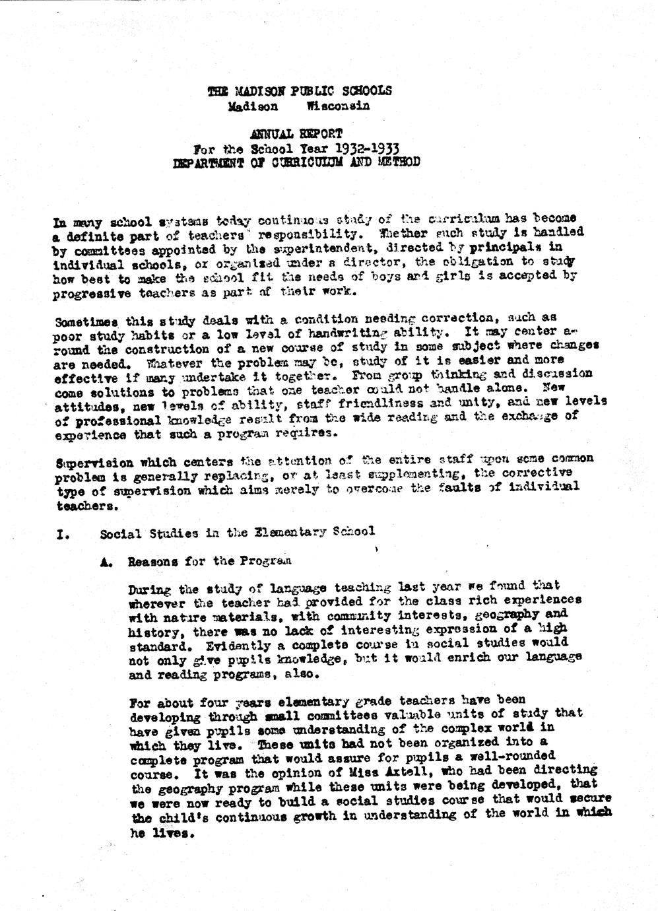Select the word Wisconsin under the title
tap(338, 106)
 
